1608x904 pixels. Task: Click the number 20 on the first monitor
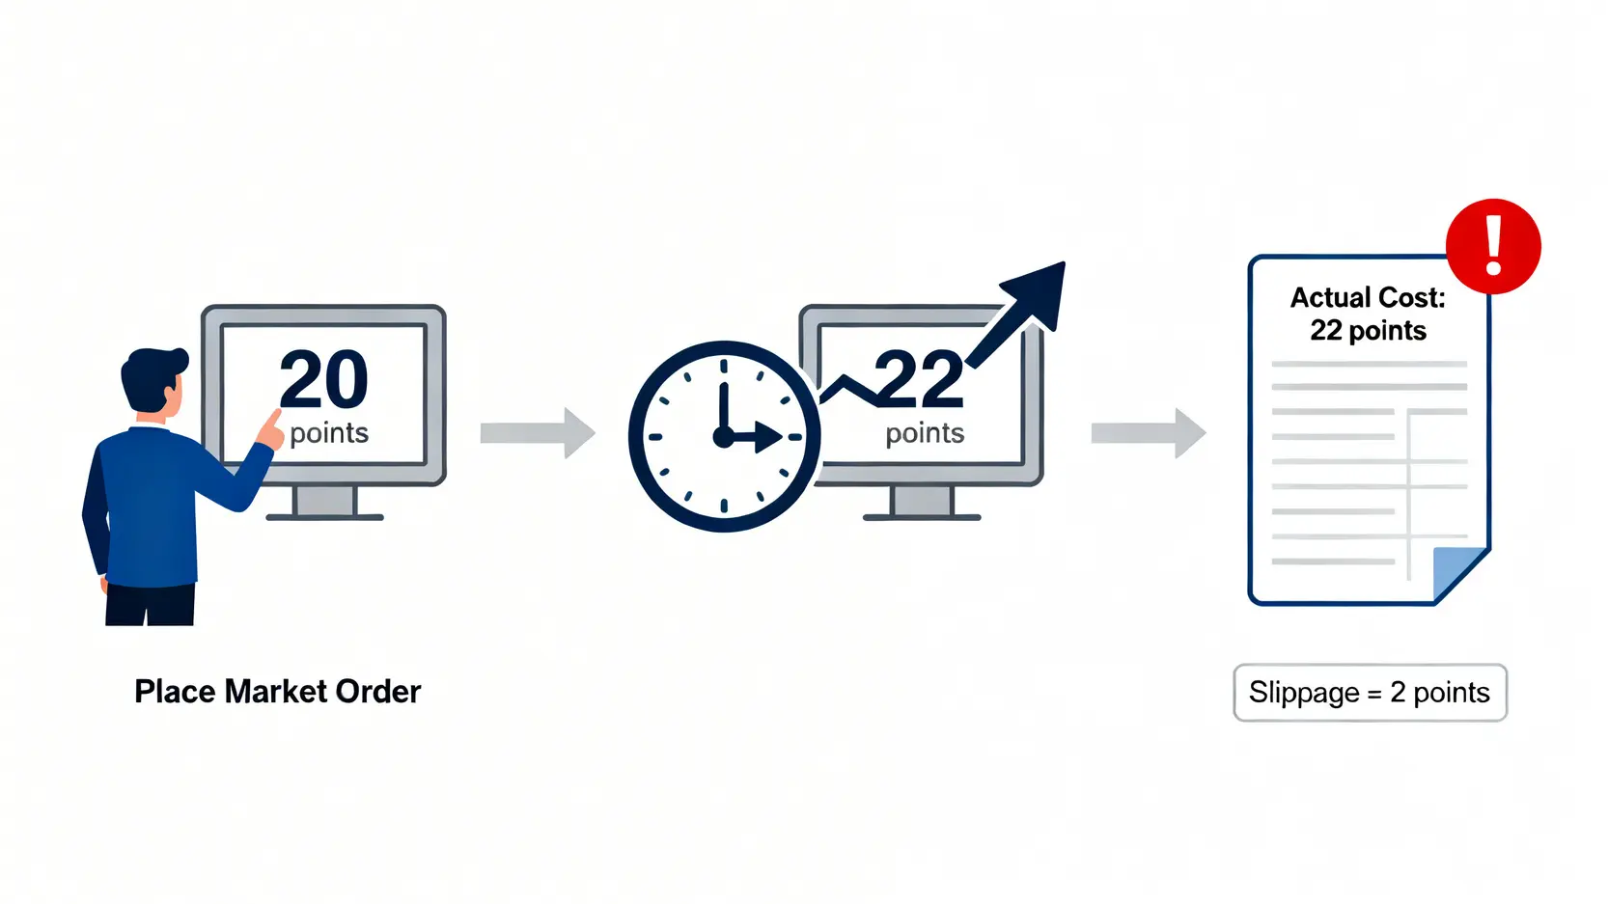coord(324,379)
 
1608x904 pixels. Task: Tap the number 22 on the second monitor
coord(919,379)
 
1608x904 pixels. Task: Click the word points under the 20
coord(329,433)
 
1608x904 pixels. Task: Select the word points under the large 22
coord(925,433)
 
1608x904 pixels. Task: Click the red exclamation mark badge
coord(1493,246)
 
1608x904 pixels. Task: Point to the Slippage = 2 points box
coord(1370,693)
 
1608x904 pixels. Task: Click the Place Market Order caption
coord(278,692)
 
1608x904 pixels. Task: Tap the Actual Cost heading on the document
coord(1368,297)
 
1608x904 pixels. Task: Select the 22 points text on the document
coord(1368,331)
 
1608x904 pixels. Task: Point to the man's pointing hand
coord(269,430)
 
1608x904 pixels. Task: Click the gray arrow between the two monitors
coord(538,433)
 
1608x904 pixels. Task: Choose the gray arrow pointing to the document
coord(1149,433)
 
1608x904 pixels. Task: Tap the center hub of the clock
coord(723,437)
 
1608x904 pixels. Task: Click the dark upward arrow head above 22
coord(1038,290)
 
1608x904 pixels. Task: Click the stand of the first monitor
coord(324,503)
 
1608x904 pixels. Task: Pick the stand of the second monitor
coord(922,503)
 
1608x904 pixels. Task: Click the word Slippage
coord(1303,693)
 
